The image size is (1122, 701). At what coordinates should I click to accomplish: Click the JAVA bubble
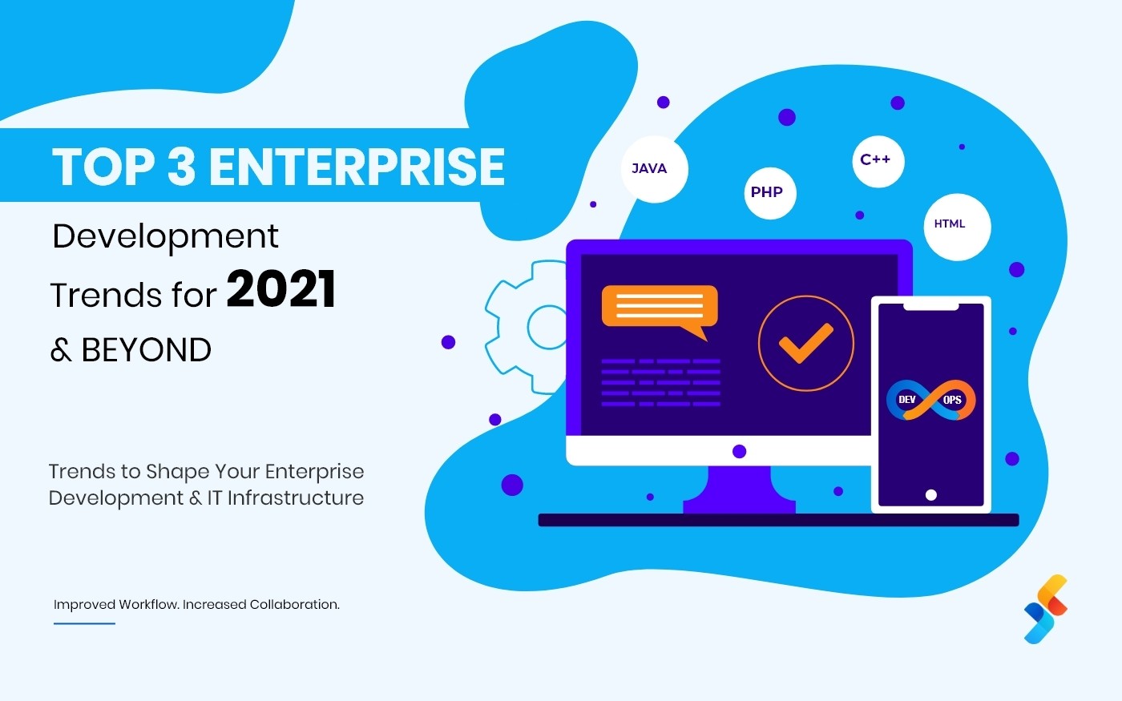point(654,169)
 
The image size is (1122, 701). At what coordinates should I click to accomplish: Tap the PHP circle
point(770,193)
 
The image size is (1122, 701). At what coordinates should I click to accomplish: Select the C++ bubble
point(878,161)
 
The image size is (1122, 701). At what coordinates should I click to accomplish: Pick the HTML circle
point(957,227)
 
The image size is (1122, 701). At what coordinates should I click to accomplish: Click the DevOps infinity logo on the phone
point(930,400)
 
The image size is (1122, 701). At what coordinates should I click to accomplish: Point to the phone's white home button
point(931,495)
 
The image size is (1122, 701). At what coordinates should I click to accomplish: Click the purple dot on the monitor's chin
point(739,451)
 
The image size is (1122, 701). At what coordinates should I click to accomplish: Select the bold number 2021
point(280,289)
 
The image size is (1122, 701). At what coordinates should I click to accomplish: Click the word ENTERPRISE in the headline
point(357,167)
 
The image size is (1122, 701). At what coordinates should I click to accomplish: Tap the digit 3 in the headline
point(181,167)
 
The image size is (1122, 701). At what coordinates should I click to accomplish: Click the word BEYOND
point(146,349)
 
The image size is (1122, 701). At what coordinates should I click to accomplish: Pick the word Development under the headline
point(165,237)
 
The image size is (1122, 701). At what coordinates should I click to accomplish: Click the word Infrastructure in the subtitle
point(296,498)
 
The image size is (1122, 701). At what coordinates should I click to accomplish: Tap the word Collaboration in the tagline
point(295,604)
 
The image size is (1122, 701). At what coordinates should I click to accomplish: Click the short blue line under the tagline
point(84,623)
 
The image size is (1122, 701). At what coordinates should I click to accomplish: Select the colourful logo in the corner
point(1046,609)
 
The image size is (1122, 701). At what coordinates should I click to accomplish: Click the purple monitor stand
point(739,489)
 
